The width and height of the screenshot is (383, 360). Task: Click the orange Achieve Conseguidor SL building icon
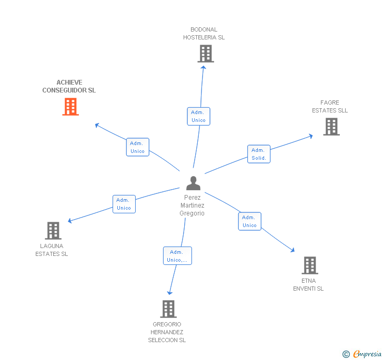coord(70,107)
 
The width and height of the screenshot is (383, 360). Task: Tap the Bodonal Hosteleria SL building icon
coord(206,54)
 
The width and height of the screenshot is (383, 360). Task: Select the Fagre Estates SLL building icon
coord(331,127)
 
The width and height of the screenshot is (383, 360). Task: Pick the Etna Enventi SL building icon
coord(310,265)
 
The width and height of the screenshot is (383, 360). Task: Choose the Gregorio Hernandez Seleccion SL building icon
coord(168,309)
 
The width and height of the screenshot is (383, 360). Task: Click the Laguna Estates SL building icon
coord(53,231)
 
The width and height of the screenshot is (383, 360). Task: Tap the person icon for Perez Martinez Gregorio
coord(193,183)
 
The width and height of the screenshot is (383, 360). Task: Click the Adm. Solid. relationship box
coord(259,154)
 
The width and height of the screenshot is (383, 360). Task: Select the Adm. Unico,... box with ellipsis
coord(177,256)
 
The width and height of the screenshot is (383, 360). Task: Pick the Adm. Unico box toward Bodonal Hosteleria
coord(198,116)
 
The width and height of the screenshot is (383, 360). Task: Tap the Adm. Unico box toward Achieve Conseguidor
coord(137,147)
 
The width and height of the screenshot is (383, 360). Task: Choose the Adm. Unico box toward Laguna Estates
coord(124,204)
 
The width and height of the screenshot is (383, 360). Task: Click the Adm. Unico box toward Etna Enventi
coord(249,221)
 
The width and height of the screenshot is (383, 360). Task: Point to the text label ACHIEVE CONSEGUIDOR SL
coord(69,86)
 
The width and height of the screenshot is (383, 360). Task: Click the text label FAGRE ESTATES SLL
coord(330,107)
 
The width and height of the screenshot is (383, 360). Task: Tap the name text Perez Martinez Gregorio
coord(192,205)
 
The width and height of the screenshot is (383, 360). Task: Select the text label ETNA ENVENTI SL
coord(308,285)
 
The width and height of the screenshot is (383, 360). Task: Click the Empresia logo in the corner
coord(362,354)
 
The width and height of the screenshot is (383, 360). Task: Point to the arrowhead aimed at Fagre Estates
coord(311,136)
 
